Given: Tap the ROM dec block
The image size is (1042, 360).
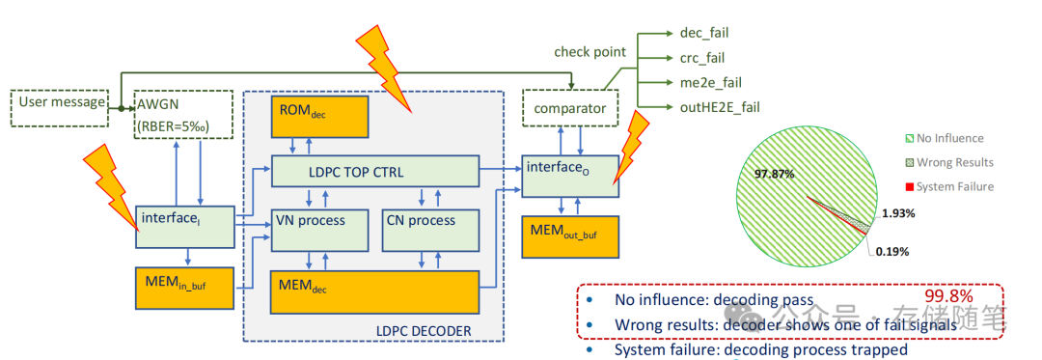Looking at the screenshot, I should coord(304,116).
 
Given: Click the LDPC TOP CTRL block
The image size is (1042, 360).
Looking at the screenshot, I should coord(374,173).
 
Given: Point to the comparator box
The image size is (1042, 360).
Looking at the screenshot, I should coord(569,108).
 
